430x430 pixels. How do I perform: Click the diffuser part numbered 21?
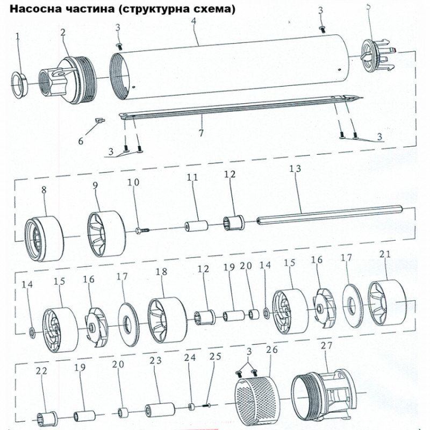pyautogui.click(x=386, y=302)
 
